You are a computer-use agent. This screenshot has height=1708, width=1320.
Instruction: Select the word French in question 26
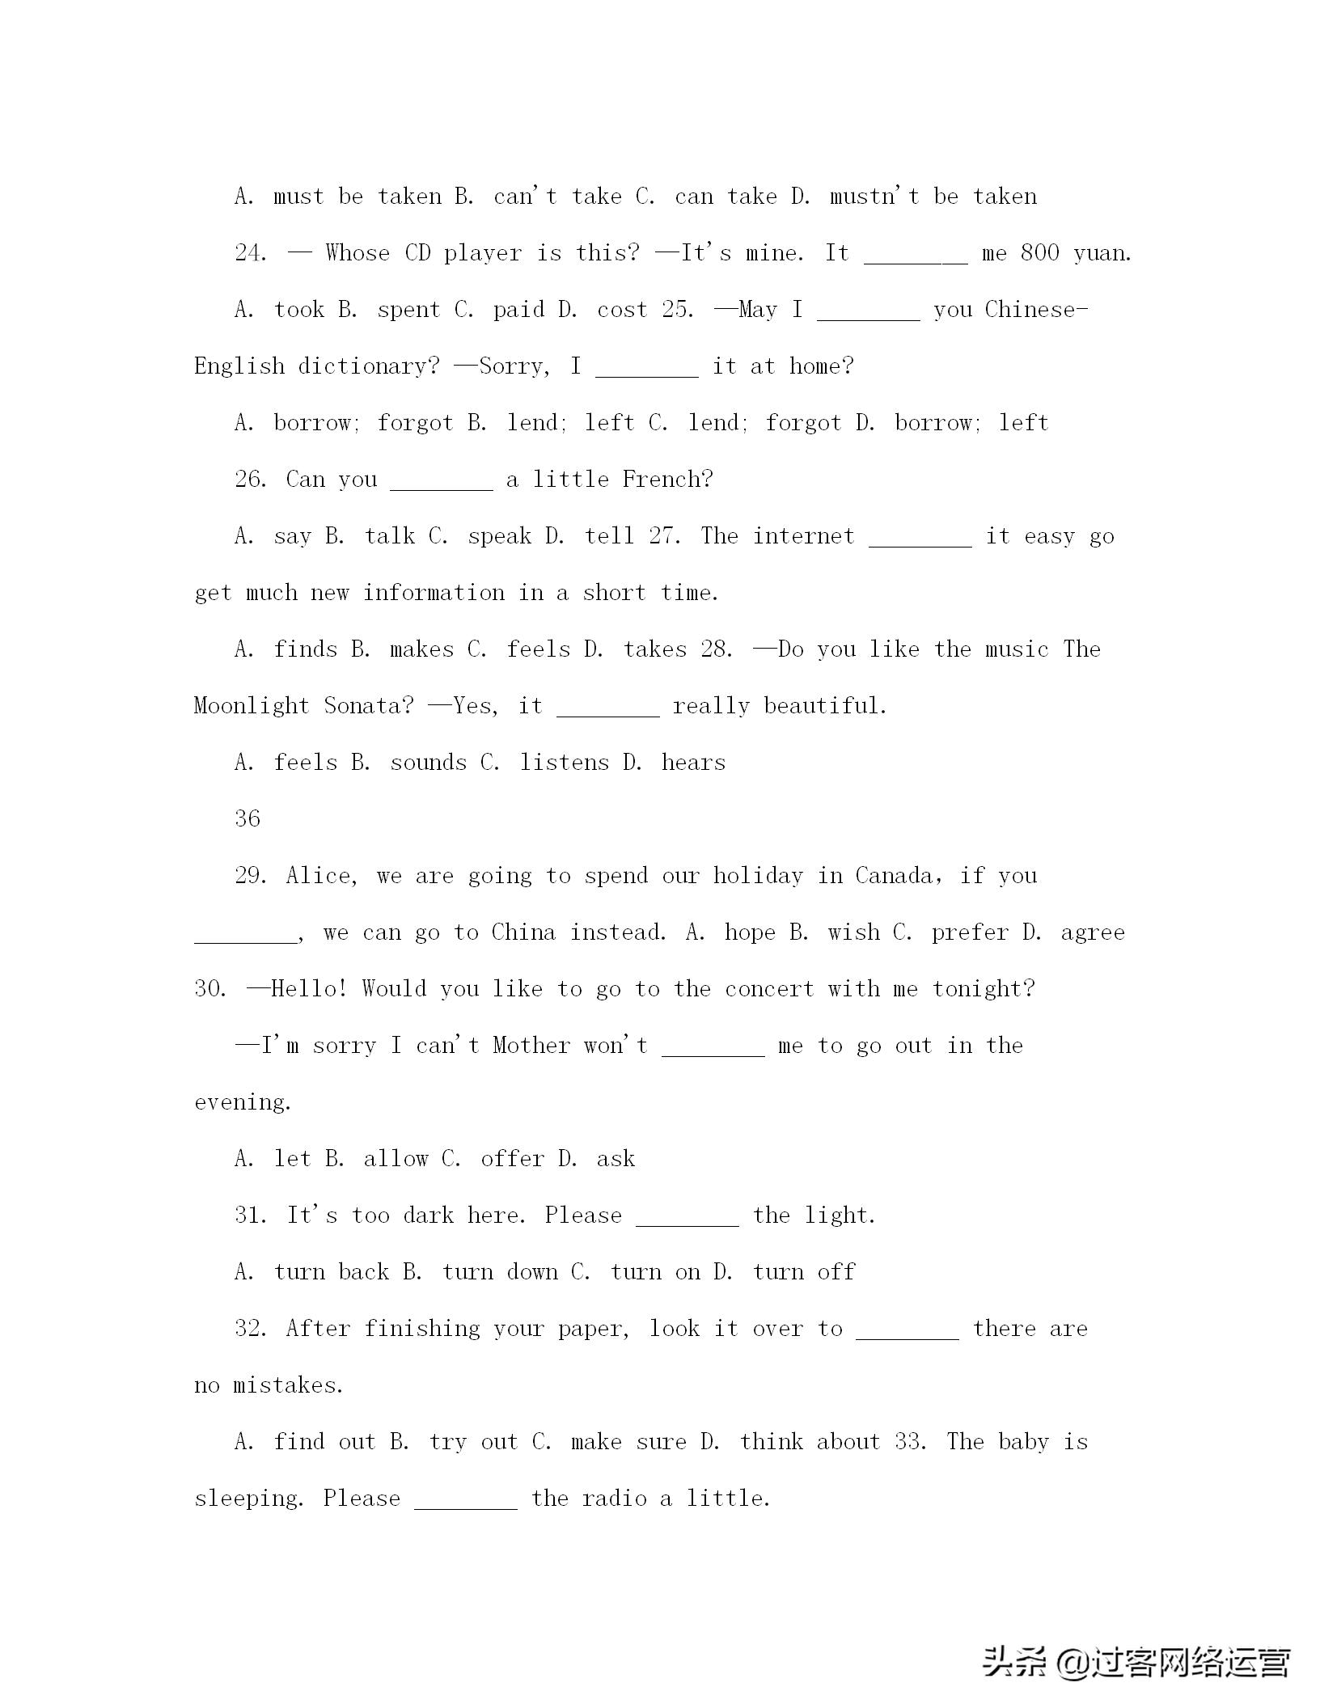(x=667, y=480)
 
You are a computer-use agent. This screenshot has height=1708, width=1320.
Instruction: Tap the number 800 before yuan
(x=1039, y=253)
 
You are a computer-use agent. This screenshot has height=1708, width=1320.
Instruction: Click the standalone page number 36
(x=247, y=818)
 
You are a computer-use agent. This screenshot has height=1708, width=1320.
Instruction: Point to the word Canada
(x=894, y=876)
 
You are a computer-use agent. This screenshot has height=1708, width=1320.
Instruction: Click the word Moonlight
(x=252, y=706)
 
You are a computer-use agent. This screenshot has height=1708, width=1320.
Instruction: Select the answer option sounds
(x=428, y=763)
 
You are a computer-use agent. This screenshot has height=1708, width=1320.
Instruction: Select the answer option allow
(x=396, y=1159)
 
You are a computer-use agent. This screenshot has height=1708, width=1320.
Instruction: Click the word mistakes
(x=288, y=1385)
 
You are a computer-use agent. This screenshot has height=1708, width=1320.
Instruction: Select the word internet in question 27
(x=803, y=536)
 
